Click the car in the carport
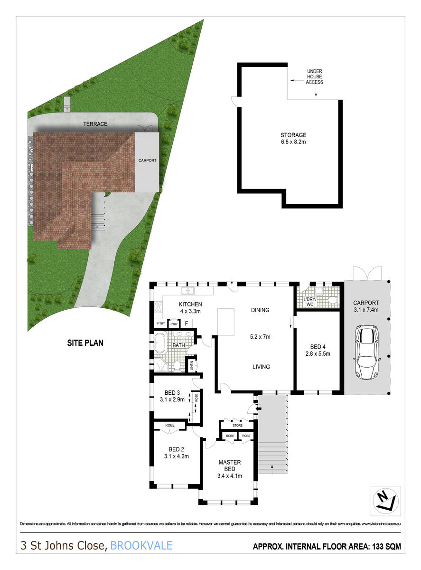click(366, 352)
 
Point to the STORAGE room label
click(293, 135)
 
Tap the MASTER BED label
click(229, 465)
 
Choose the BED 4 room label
click(318, 346)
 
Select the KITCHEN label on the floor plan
click(190, 304)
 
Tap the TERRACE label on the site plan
click(95, 124)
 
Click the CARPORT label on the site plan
click(147, 161)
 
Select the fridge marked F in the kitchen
click(187, 323)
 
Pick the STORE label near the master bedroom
click(237, 425)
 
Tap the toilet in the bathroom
click(176, 365)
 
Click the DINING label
click(260, 310)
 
